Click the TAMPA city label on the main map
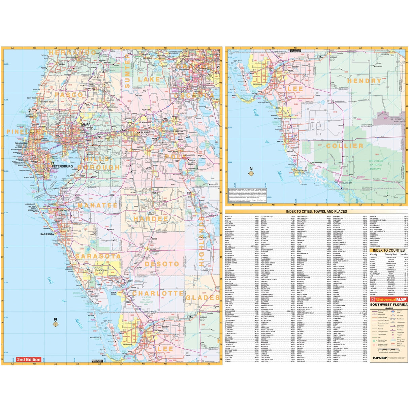85,125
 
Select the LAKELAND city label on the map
142,132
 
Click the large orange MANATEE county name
97,205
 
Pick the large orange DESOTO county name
162,264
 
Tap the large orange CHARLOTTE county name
158,293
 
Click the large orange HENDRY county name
364,81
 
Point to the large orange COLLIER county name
345,146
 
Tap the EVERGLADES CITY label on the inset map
345,183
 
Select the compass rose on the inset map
251,174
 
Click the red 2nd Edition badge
29,359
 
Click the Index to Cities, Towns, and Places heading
316,212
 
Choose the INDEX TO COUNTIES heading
388,250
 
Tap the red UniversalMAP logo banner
389,300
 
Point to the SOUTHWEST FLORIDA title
389,305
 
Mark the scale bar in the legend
388,350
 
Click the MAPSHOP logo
379,358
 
